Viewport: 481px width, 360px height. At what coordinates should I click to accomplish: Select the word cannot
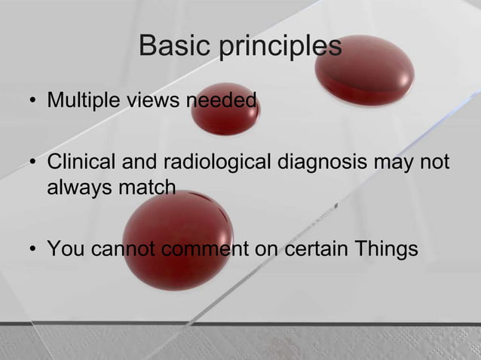coord(126,249)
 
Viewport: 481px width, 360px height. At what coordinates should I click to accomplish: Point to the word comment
coord(210,249)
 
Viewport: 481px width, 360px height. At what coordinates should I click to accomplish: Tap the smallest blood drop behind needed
coord(225,109)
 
